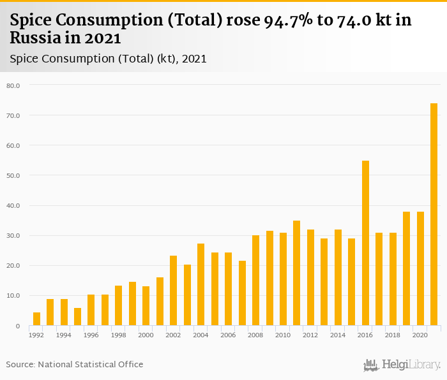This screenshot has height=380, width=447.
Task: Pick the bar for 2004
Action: (201, 284)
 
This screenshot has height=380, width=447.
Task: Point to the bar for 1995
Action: (77, 317)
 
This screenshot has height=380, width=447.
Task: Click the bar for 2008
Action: (255, 281)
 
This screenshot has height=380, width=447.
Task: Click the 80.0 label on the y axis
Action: (13, 85)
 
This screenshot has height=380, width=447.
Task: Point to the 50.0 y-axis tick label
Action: (13, 175)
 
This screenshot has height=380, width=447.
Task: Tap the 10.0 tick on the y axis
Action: (13, 296)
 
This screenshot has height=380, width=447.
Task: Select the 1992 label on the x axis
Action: (36, 334)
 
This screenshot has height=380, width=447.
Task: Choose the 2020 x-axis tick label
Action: (420, 334)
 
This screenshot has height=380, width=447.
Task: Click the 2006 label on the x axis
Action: (228, 334)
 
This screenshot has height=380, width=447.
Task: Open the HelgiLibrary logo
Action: (402, 365)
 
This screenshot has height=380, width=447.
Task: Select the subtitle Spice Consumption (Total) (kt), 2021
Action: (108, 59)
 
